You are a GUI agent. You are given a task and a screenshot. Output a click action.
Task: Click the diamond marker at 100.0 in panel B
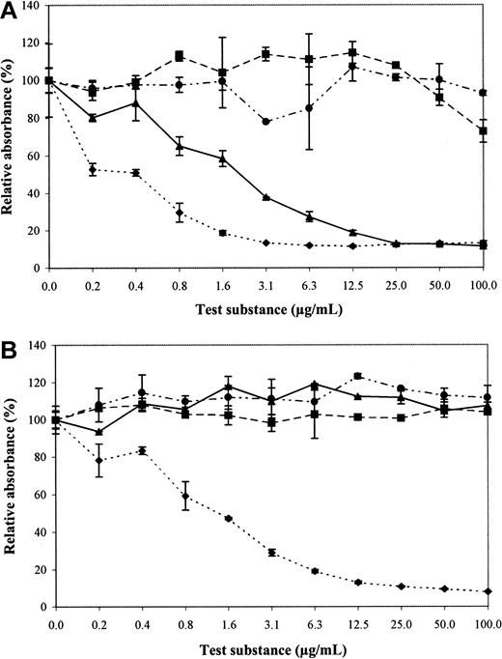[x=483, y=591]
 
